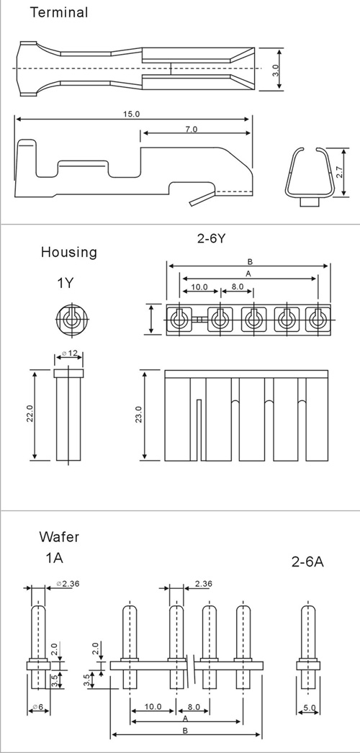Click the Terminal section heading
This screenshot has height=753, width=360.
point(59,12)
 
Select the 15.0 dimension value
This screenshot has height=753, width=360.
point(130,114)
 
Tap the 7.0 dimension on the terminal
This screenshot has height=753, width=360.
point(192,129)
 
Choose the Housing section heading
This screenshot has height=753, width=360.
point(68,252)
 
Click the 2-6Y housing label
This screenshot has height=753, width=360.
point(211,238)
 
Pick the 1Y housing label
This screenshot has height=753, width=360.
point(66,283)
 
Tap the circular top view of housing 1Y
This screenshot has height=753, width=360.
point(71,318)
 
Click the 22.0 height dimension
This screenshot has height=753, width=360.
point(29,415)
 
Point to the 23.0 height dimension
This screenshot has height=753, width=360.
point(139,415)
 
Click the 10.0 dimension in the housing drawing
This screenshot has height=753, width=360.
point(199,287)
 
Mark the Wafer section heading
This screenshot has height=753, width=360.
point(60,536)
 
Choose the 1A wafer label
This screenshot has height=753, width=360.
point(54,558)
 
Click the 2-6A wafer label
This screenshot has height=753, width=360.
point(307,562)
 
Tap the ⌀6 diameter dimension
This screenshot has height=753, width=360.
point(38,707)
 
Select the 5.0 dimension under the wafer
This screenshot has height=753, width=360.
point(309,708)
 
